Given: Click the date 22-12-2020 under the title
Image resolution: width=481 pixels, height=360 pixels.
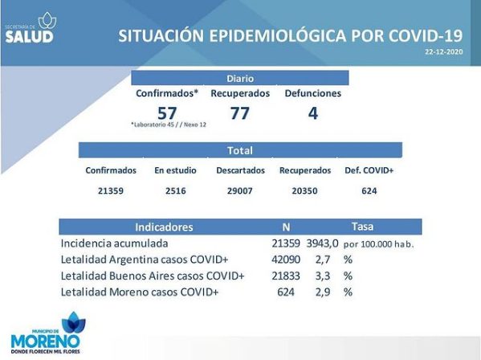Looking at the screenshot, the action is click(443, 52).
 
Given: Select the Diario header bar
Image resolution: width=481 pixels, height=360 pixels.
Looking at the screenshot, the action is click(240, 78).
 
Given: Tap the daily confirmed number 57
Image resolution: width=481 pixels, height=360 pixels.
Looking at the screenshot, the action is click(167, 113).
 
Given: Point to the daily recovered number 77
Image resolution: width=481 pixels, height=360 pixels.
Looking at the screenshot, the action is click(240, 113).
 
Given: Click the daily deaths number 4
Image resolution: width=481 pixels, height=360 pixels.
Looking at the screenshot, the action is click(313, 113).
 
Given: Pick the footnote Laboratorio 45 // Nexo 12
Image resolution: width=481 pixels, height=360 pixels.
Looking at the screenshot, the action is click(169, 125).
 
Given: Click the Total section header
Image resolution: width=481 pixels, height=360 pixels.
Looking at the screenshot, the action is click(240, 150).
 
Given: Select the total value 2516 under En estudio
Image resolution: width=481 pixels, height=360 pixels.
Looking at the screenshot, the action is click(176, 191).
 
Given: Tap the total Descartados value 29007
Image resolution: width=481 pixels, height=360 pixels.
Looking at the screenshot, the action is click(240, 191).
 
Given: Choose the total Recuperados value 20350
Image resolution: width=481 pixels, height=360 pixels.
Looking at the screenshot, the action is click(304, 191).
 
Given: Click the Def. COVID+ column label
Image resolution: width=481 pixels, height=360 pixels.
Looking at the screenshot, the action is click(369, 170).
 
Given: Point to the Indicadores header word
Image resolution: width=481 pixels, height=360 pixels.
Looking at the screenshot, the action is click(164, 227).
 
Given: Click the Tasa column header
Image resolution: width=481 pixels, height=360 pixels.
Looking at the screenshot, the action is click(363, 227).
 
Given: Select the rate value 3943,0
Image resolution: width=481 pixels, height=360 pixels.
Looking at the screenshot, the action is click(322, 243).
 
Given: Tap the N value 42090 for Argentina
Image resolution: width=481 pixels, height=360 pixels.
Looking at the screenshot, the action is click(286, 260).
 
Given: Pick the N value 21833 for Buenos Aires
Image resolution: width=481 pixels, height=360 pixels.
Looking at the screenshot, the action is click(286, 276).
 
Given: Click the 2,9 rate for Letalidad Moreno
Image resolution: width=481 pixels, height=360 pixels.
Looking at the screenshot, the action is click(323, 292).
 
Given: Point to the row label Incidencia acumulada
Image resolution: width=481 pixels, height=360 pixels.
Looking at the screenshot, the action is click(114, 243).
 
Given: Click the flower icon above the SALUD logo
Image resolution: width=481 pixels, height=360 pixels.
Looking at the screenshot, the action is click(47, 21).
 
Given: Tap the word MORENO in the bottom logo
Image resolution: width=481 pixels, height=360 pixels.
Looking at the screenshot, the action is click(46, 342).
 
